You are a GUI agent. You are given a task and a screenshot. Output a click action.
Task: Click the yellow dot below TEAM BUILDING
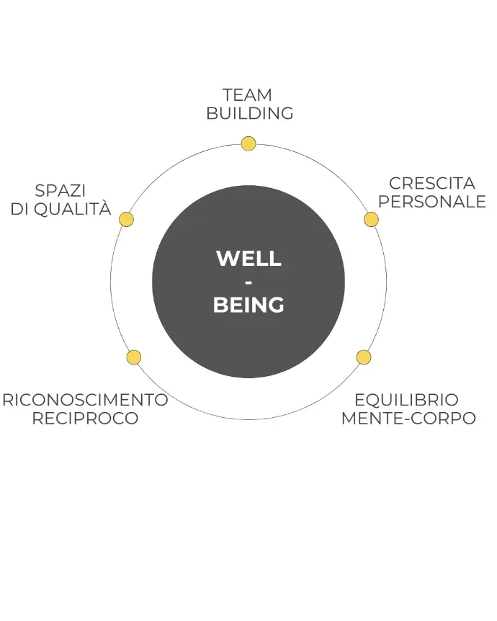[248, 143]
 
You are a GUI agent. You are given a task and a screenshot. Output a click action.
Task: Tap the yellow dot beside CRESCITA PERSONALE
[371, 219]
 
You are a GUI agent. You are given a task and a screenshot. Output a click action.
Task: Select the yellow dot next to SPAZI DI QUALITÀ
[126, 219]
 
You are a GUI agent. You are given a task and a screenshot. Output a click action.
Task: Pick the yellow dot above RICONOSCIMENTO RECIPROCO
[133, 357]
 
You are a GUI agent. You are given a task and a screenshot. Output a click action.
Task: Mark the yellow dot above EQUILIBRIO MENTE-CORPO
[364, 357]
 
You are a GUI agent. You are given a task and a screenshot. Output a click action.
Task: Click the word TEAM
[247, 95]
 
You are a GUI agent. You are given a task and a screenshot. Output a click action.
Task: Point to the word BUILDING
[249, 113]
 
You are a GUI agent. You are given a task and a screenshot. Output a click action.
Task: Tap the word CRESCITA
[432, 183]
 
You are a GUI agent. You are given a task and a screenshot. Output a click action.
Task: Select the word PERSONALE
[432, 202]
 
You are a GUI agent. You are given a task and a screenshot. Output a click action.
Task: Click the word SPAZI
[60, 191]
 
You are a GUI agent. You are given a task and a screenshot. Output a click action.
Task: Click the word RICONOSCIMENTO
[85, 400]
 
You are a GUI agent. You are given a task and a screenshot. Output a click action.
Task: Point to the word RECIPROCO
[85, 419]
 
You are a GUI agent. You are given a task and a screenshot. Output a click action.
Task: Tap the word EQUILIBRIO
[406, 400]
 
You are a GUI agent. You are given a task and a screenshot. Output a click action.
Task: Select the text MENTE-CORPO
[408, 419]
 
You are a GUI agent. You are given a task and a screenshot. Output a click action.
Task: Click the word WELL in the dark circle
[248, 259]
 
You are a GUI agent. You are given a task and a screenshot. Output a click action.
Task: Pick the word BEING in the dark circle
[248, 305]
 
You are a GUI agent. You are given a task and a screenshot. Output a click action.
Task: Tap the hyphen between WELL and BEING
[248, 282]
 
